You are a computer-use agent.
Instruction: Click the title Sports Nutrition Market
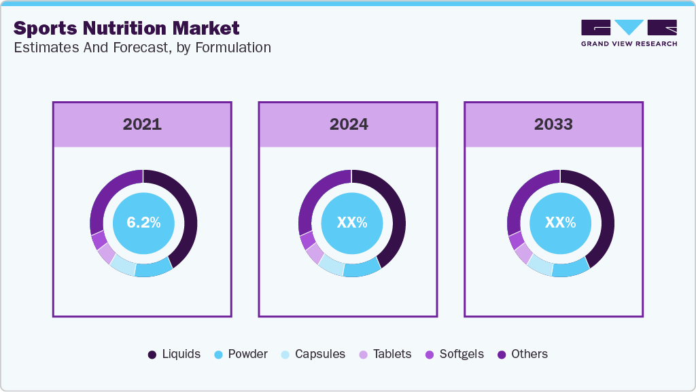pos(126,28)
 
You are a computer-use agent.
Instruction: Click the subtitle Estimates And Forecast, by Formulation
pos(142,48)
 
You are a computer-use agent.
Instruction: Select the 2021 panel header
pos(142,124)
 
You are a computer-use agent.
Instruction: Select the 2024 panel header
pos(349,124)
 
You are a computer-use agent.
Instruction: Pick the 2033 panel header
pos(553,124)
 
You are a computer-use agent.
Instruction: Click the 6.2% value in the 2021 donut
pos(143,223)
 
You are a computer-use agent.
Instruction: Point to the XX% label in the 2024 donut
pos(352,223)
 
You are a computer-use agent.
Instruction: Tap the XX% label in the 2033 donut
pos(560,223)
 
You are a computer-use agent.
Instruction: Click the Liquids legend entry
pos(174,354)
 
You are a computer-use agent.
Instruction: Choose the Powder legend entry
pos(241,354)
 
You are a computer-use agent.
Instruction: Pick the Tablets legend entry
pos(385,354)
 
